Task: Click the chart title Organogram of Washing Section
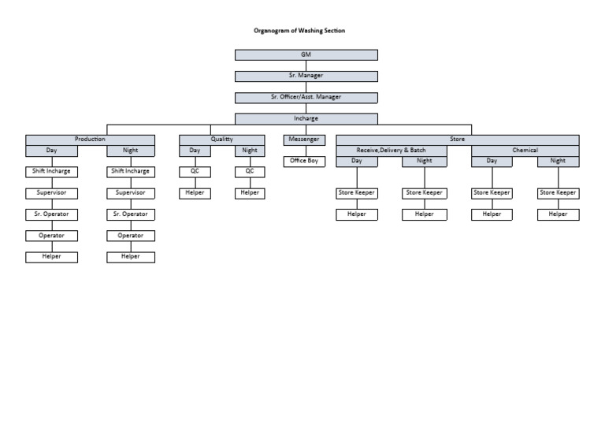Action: pyautogui.click(x=299, y=31)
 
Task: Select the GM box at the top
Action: pyautogui.click(x=306, y=54)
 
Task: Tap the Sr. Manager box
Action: pyautogui.click(x=306, y=76)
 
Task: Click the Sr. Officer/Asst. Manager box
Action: pyautogui.click(x=306, y=97)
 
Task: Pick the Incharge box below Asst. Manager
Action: pyautogui.click(x=306, y=118)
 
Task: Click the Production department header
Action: pyautogui.click(x=90, y=140)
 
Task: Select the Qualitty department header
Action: pyautogui.click(x=221, y=140)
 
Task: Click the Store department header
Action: pyautogui.click(x=457, y=140)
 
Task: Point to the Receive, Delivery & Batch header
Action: pyautogui.click(x=391, y=150)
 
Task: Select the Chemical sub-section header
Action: pyautogui.click(x=525, y=150)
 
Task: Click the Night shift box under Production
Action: pyautogui.click(x=131, y=150)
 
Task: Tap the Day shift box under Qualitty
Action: pyautogui.click(x=195, y=150)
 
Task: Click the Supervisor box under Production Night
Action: pyautogui.click(x=131, y=192)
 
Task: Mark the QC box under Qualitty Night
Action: pyautogui.click(x=250, y=171)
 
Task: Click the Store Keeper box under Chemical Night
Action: pyautogui.click(x=558, y=192)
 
